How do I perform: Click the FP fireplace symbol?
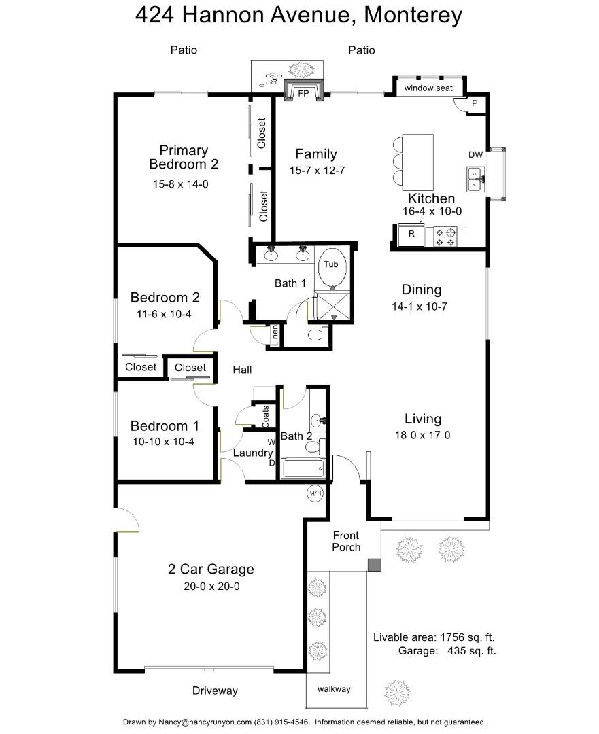click(303, 92)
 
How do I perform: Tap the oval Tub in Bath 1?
click(331, 268)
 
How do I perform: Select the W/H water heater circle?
click(315, 493)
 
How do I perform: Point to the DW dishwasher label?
click(475, 155)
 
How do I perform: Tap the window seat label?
click(429, 88)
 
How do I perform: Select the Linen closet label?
click(275, 336)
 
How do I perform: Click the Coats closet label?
click(265, 416)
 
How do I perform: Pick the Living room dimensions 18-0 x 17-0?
click(423, 436)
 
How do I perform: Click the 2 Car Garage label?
click(211, 570)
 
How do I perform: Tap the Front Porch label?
click(346, 541)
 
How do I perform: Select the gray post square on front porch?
click(373, 565)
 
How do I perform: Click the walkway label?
click(334, 689)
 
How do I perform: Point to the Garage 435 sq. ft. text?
click(447, 651)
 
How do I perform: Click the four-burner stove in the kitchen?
click(445, 237)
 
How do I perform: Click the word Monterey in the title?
click(413, 15)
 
